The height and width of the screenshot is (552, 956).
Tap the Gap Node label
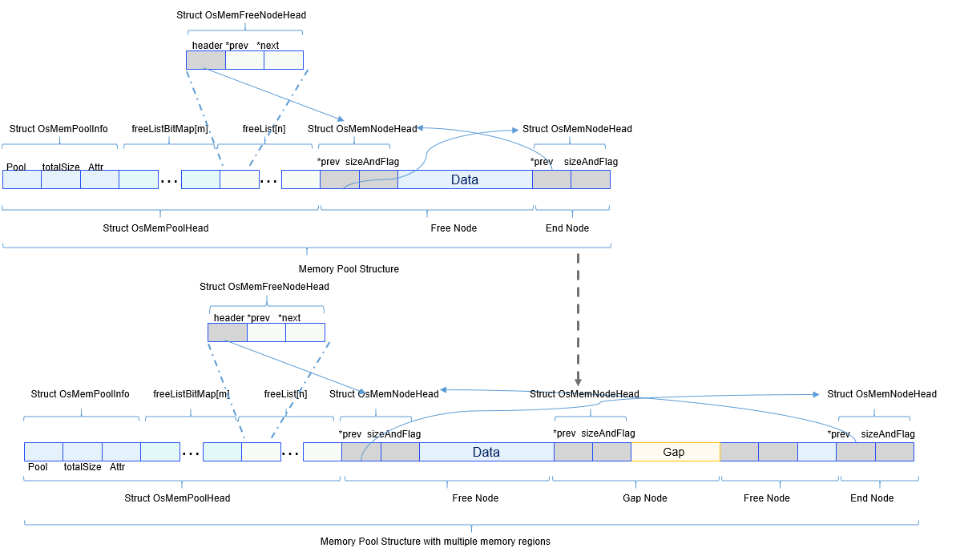point(644,498)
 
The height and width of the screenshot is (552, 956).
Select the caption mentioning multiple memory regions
point(435,542)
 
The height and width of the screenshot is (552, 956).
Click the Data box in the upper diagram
point(465,179)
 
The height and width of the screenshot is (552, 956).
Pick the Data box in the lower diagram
point(486,452)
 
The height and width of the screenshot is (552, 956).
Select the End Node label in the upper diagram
point(567,228)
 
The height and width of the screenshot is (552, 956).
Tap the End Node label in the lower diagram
point(872,498)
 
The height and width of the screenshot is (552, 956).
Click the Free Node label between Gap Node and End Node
point(767,498)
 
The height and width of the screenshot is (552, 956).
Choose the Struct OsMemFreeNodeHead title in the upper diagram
point(241,15)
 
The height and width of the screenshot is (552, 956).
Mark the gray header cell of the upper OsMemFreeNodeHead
point(206,60)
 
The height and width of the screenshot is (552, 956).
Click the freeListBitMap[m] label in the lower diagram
point(192,394)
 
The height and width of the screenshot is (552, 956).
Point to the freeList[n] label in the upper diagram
point(264,129)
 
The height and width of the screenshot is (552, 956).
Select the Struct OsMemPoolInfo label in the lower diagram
point(80,394)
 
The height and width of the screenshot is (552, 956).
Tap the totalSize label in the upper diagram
point(61,167)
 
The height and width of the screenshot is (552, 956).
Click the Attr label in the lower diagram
point(118,467)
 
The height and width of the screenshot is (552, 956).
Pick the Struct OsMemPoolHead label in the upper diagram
point(155,228)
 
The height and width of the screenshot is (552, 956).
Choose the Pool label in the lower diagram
point(38,467)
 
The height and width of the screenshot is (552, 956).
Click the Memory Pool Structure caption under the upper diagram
point(349,269)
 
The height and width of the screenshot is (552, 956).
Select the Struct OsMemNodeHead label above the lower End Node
point(881,394)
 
